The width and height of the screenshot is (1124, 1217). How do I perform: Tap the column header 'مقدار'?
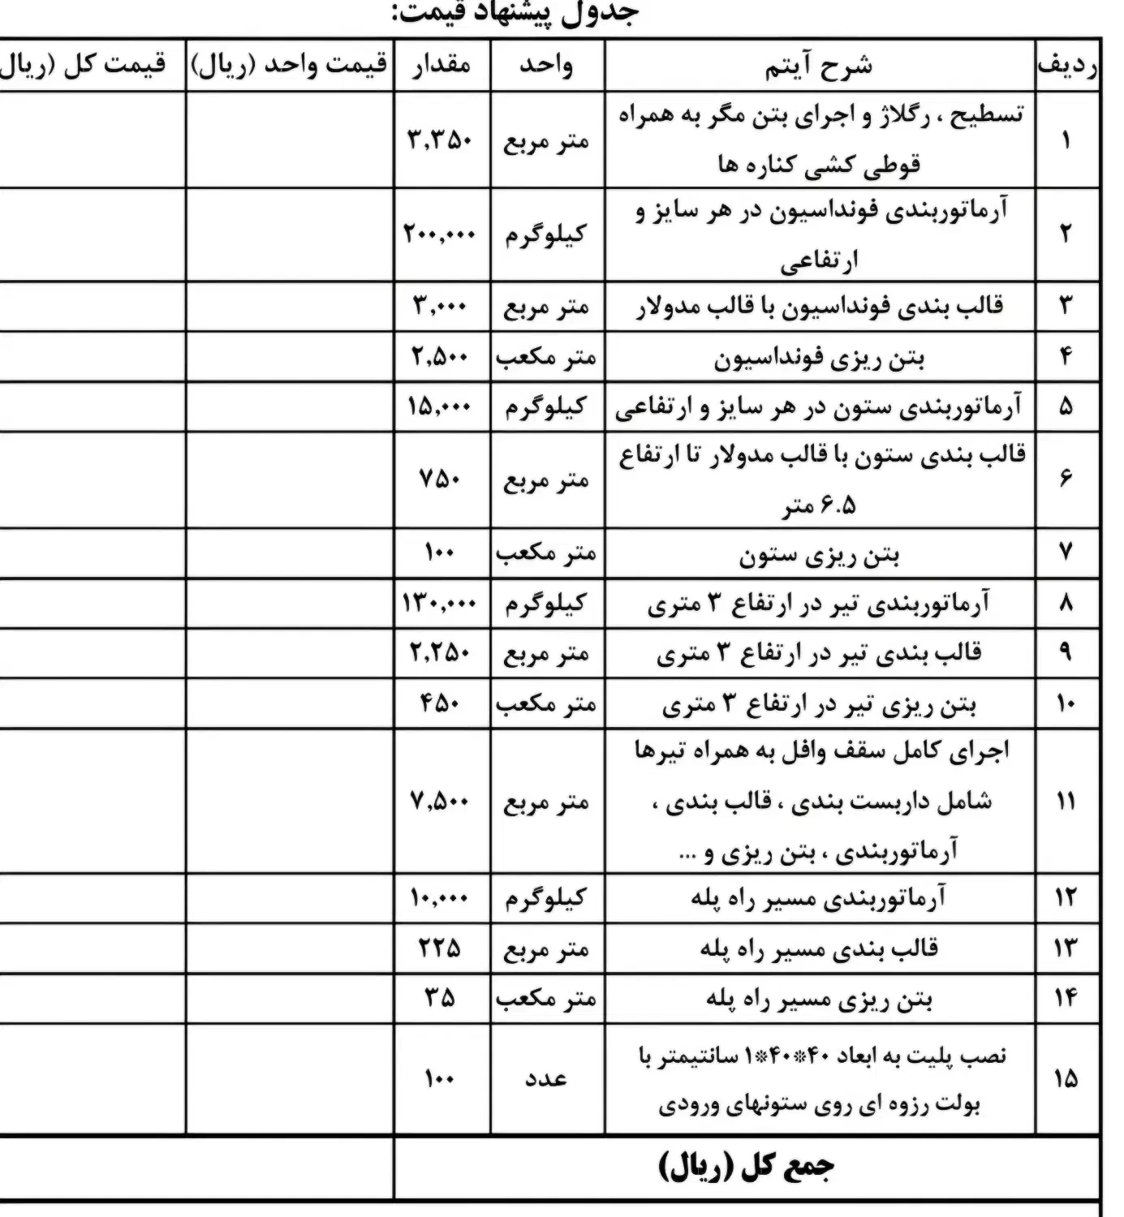pos(441,65)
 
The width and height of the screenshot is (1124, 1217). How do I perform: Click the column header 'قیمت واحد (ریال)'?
pos(290,65)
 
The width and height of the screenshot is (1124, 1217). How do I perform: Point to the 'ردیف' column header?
pos(1067,66)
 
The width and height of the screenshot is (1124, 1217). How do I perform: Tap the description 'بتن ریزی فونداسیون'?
pos(819,358)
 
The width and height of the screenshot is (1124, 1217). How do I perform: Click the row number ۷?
pos(1066,553)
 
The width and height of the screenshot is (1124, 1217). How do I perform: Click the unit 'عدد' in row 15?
pos(545,1078)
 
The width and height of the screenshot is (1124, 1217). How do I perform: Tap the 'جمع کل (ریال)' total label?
pos(746,1166)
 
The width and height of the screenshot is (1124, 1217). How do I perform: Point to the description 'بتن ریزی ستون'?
pos(819,555)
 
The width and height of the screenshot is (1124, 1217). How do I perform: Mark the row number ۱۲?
pos(1066,898)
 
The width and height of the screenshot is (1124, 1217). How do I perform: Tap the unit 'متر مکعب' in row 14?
pos(546,999)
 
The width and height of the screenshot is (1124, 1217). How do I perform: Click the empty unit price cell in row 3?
pos(290,307)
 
